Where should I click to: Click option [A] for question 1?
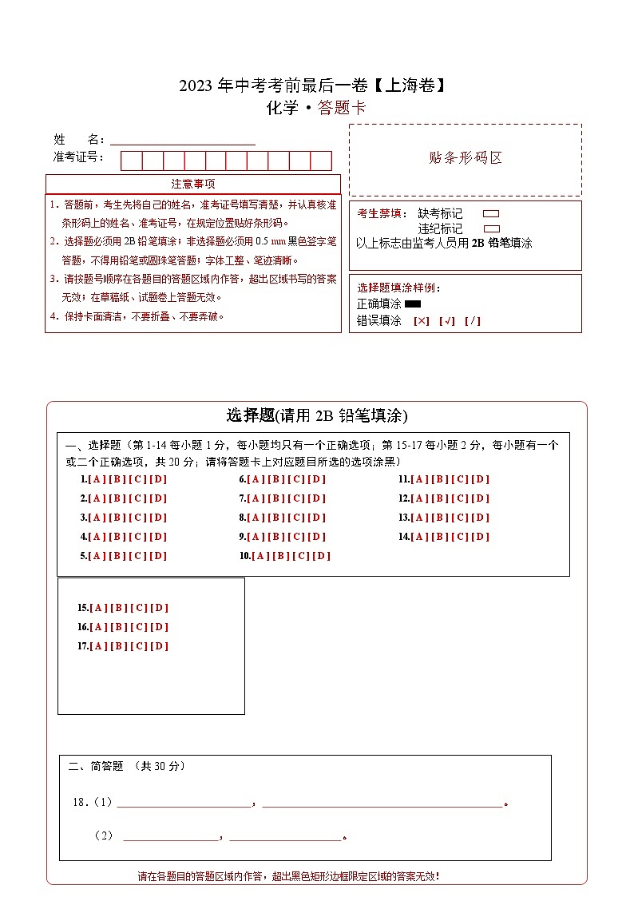97,479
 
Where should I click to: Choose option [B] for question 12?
439,498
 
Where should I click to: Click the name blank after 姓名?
183,139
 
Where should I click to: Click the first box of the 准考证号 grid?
132,161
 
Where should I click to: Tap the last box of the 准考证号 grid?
321,161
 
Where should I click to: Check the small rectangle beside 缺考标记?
491,214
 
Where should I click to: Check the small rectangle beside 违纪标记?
491,228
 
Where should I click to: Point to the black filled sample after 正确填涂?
413,304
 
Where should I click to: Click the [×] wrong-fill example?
422,321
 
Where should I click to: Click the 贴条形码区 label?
466,158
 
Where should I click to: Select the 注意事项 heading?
193,184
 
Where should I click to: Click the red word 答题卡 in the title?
342,109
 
